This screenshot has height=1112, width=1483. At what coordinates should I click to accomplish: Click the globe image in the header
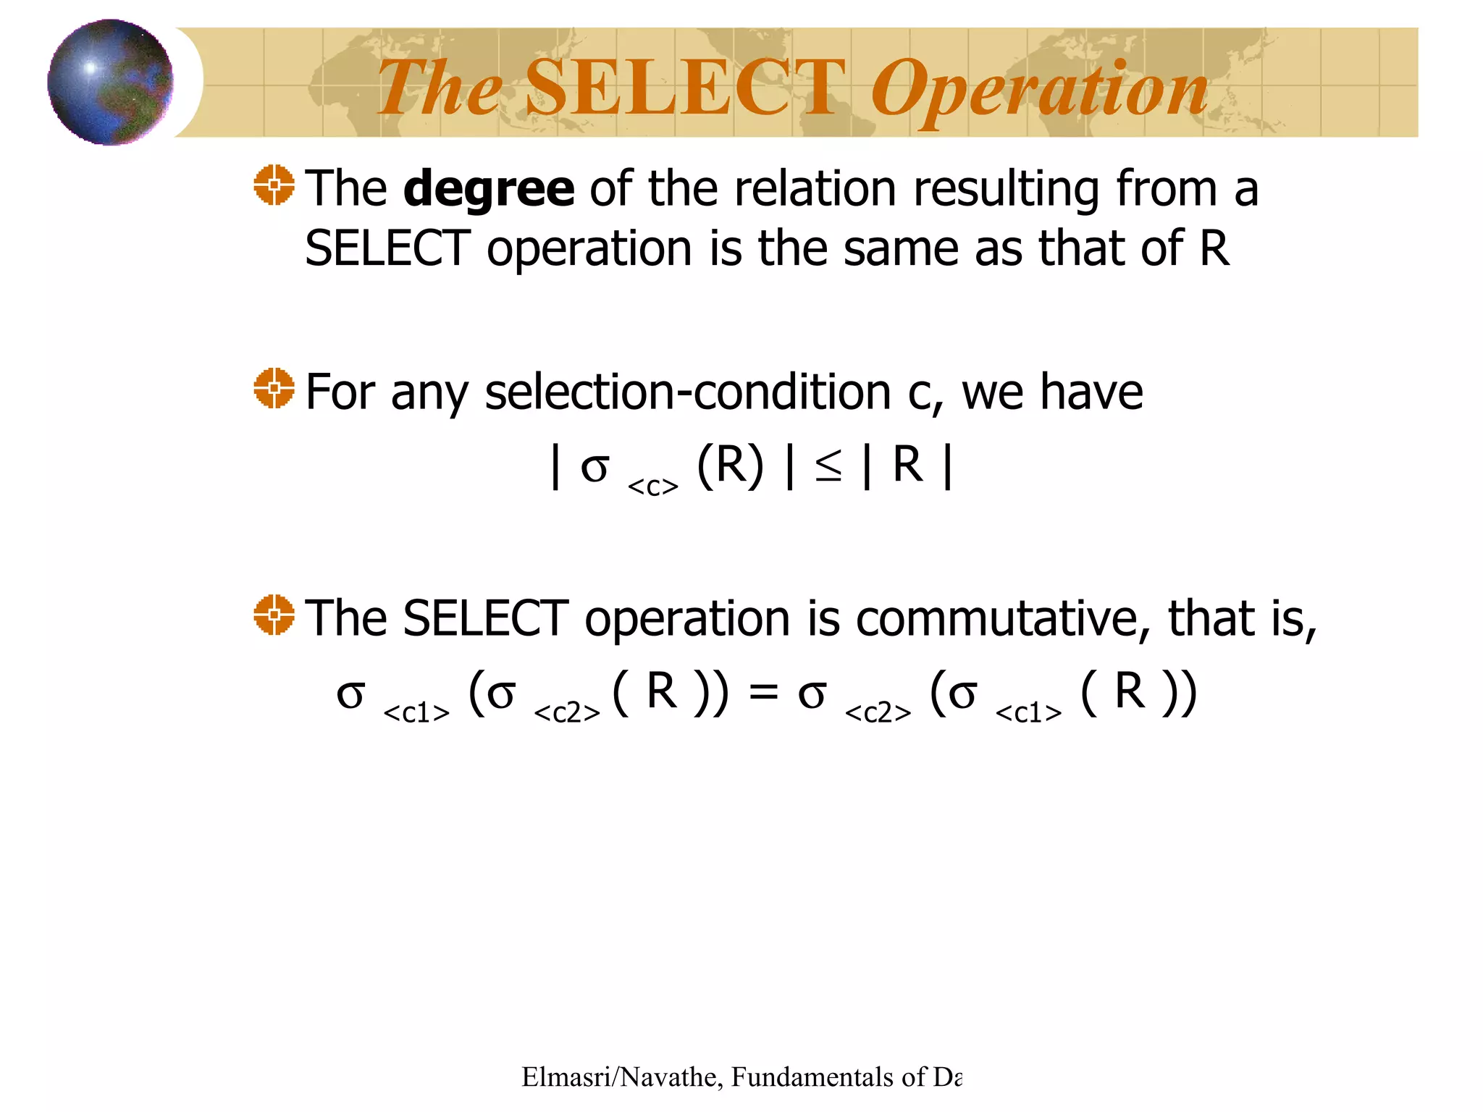click(x=110, y=82)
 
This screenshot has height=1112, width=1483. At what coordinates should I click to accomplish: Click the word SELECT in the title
click(x=684, y=88)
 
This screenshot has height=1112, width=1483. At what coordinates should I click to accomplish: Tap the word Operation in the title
click(x=1039, y=90)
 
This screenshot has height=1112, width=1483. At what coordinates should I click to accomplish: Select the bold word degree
click(x=489, y=189)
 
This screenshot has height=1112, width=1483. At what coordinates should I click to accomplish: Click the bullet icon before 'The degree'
click(x=274, y=185)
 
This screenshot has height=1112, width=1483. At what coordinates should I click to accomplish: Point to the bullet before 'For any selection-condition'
click(x=274, y=388)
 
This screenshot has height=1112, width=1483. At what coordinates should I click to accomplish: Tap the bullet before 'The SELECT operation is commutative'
click(x=274, y=615)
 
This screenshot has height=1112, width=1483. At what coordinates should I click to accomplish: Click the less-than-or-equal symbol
click(x=828, y=466)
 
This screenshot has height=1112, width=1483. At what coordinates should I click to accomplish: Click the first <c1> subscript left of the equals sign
click(x=416, y=713)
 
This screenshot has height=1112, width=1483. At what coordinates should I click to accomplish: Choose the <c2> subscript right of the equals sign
click(x=878, y=713)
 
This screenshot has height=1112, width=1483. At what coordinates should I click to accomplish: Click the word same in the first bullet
click(x=902, y=248)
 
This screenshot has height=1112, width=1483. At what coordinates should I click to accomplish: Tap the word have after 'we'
click(x=1091, y=392)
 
